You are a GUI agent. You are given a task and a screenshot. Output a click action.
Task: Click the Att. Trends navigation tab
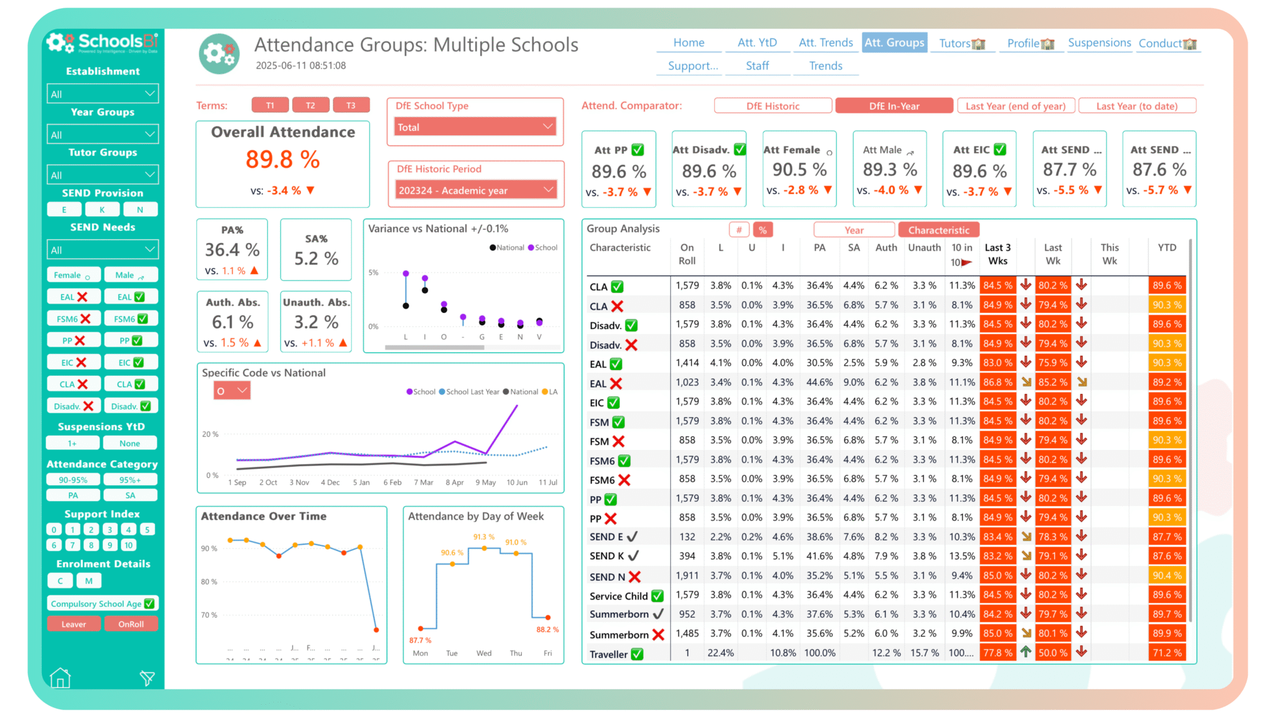pos(826,42)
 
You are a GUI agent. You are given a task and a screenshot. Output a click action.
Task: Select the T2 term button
pos(310,105)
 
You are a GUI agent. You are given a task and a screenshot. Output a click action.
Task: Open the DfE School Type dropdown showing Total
pos(475,127)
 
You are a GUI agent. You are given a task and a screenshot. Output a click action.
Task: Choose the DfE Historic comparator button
pos(773,106)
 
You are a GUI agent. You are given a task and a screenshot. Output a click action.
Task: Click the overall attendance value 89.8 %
pos(282,160)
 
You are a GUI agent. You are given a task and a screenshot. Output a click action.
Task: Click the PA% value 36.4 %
pos(232,250)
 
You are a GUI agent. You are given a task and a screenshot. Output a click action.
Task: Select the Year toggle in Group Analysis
pos(854,230)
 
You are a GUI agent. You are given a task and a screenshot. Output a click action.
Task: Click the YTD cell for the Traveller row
pos(1166,653)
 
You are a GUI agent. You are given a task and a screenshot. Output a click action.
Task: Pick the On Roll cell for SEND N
pos(687,575)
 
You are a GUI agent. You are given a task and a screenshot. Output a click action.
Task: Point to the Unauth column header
pos(924,247)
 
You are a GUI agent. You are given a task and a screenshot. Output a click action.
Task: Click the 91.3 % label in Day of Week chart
pos(483,537)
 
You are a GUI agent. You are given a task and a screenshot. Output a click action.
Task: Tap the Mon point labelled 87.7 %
pos(421,628)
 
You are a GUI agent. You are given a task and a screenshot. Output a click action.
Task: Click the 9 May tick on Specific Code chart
pos(485,482)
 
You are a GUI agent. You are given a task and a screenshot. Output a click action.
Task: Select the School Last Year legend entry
pos(472,392)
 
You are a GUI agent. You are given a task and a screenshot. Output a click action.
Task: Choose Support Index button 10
pos(128,545)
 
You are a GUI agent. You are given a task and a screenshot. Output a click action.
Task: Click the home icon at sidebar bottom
pos(60,677)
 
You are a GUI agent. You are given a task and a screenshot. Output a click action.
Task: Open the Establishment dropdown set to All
pos(103,94)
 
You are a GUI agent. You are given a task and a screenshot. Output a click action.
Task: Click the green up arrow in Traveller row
pos(1026,651)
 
